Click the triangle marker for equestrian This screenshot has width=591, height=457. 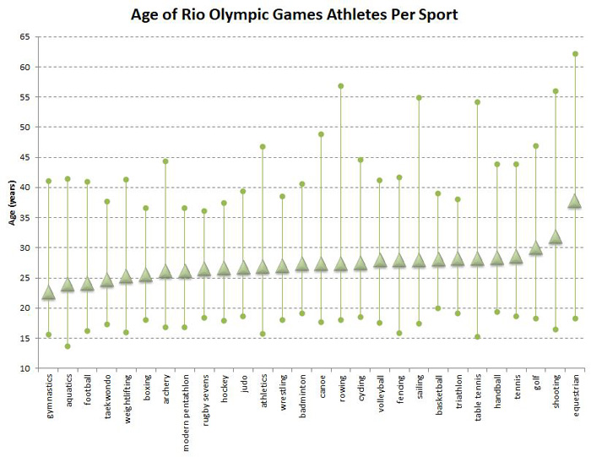575,201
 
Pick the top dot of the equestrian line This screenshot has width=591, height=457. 575,54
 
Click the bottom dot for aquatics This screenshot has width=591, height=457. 68,346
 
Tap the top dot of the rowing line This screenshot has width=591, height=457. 341,86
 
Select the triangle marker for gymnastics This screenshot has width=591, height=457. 48,293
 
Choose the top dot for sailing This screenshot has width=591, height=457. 419,98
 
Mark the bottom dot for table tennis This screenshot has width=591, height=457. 477,337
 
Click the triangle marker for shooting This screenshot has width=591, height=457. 556,237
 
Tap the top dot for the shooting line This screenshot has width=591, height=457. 556,91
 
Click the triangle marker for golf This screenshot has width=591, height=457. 536,248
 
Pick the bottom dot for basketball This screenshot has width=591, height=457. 438,308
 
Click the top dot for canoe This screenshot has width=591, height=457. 321,134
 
